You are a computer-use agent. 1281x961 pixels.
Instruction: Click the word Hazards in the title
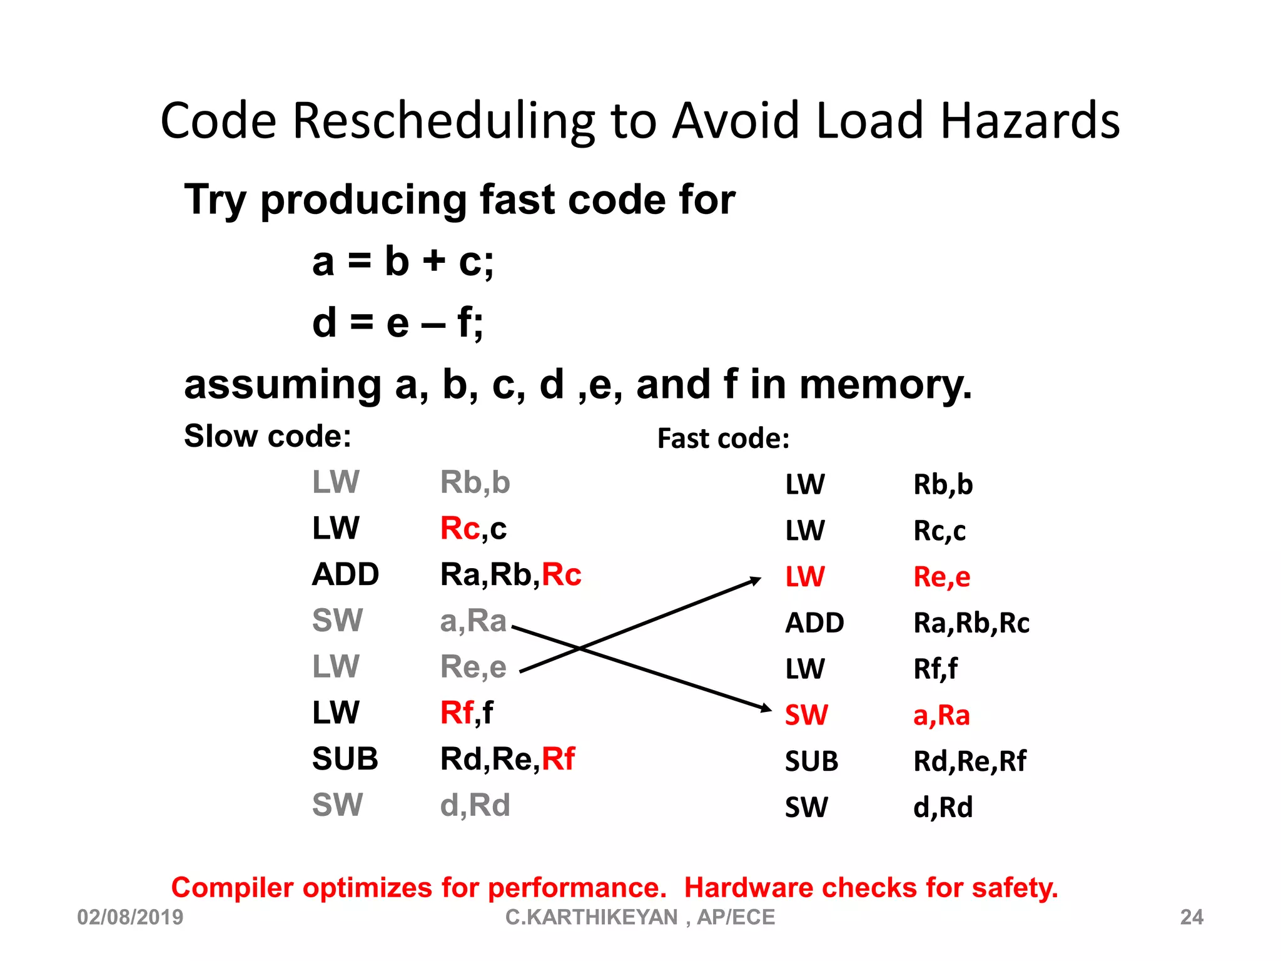1030,120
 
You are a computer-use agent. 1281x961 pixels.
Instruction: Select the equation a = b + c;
403,261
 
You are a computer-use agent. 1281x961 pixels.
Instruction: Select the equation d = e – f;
398,323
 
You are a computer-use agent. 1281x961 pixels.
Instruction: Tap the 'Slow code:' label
267,436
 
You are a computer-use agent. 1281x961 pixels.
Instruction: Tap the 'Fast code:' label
723,439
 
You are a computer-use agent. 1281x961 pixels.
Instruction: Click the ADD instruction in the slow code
345,574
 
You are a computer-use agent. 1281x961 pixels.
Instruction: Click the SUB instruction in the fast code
811,761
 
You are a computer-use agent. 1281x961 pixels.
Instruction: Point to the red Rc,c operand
473,529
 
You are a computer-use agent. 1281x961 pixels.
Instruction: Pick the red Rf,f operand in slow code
466,713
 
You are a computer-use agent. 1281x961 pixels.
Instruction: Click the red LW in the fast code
805,577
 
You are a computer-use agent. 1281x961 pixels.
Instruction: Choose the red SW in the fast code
806,715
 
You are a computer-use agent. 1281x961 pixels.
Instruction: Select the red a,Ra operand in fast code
941,715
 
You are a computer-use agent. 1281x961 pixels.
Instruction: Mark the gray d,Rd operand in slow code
475,805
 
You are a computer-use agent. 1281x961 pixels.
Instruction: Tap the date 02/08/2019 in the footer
130,917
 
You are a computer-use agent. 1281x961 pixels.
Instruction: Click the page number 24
1192,917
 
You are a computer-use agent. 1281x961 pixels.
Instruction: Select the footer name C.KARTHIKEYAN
591,917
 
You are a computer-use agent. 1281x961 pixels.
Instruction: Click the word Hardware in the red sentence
748,888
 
